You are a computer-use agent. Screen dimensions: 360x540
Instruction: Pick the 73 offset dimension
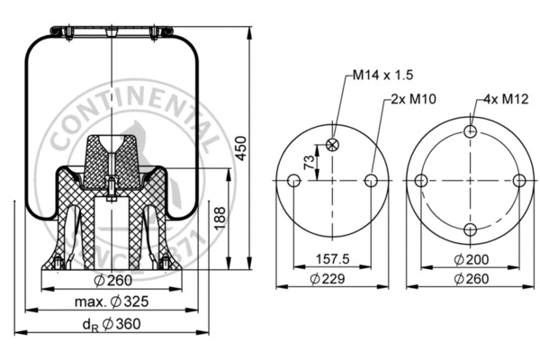[311, 163]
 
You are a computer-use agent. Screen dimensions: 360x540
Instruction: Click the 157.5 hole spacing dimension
[332, 259]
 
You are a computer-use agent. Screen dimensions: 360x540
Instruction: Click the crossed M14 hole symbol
[332, 144]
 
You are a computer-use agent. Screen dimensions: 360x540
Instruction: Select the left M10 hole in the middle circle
[293, 181]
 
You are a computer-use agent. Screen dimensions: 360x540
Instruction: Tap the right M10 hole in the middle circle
[371, 181]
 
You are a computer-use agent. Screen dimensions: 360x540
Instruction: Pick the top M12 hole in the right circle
[470, 132]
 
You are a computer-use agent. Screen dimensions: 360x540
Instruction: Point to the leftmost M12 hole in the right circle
[421, 181]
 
